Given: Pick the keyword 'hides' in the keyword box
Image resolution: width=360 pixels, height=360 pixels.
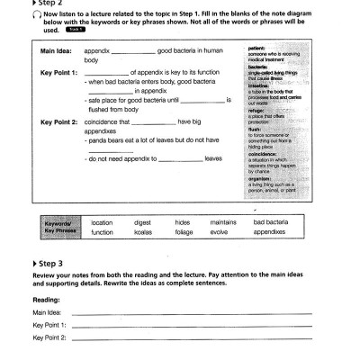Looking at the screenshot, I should [183, 221].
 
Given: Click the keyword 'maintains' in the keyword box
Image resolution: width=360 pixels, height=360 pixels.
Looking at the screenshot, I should [223, 221].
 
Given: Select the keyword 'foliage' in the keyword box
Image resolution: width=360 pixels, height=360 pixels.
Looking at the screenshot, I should [184, 232].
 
